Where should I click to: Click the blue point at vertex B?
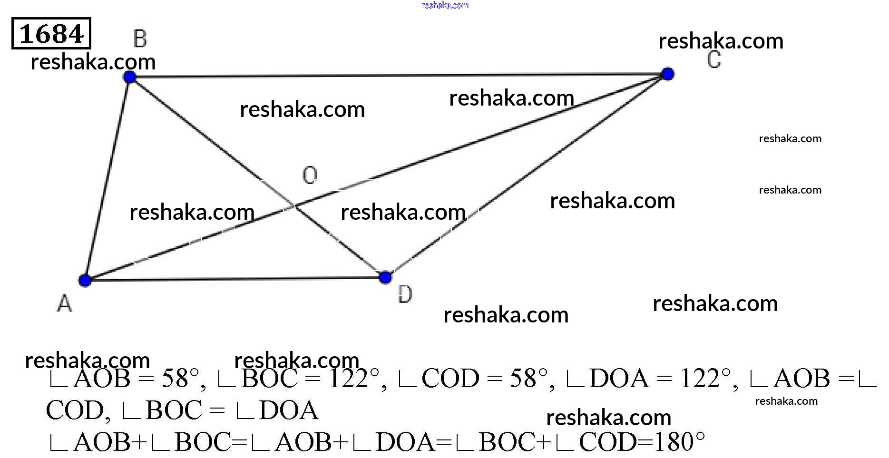129,77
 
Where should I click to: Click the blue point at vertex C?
668,74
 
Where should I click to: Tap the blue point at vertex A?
85,280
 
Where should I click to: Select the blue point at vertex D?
386,277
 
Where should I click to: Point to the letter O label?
310,175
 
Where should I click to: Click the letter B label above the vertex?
140,39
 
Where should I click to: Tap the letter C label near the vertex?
713,60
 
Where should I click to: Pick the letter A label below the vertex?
65,303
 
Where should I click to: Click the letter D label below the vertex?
405,295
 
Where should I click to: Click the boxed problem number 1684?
51,34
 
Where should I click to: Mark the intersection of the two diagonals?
294,206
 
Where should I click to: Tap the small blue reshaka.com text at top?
445,5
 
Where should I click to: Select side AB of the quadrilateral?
107,178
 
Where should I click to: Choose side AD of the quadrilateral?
235,279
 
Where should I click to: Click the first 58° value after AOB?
180,379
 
